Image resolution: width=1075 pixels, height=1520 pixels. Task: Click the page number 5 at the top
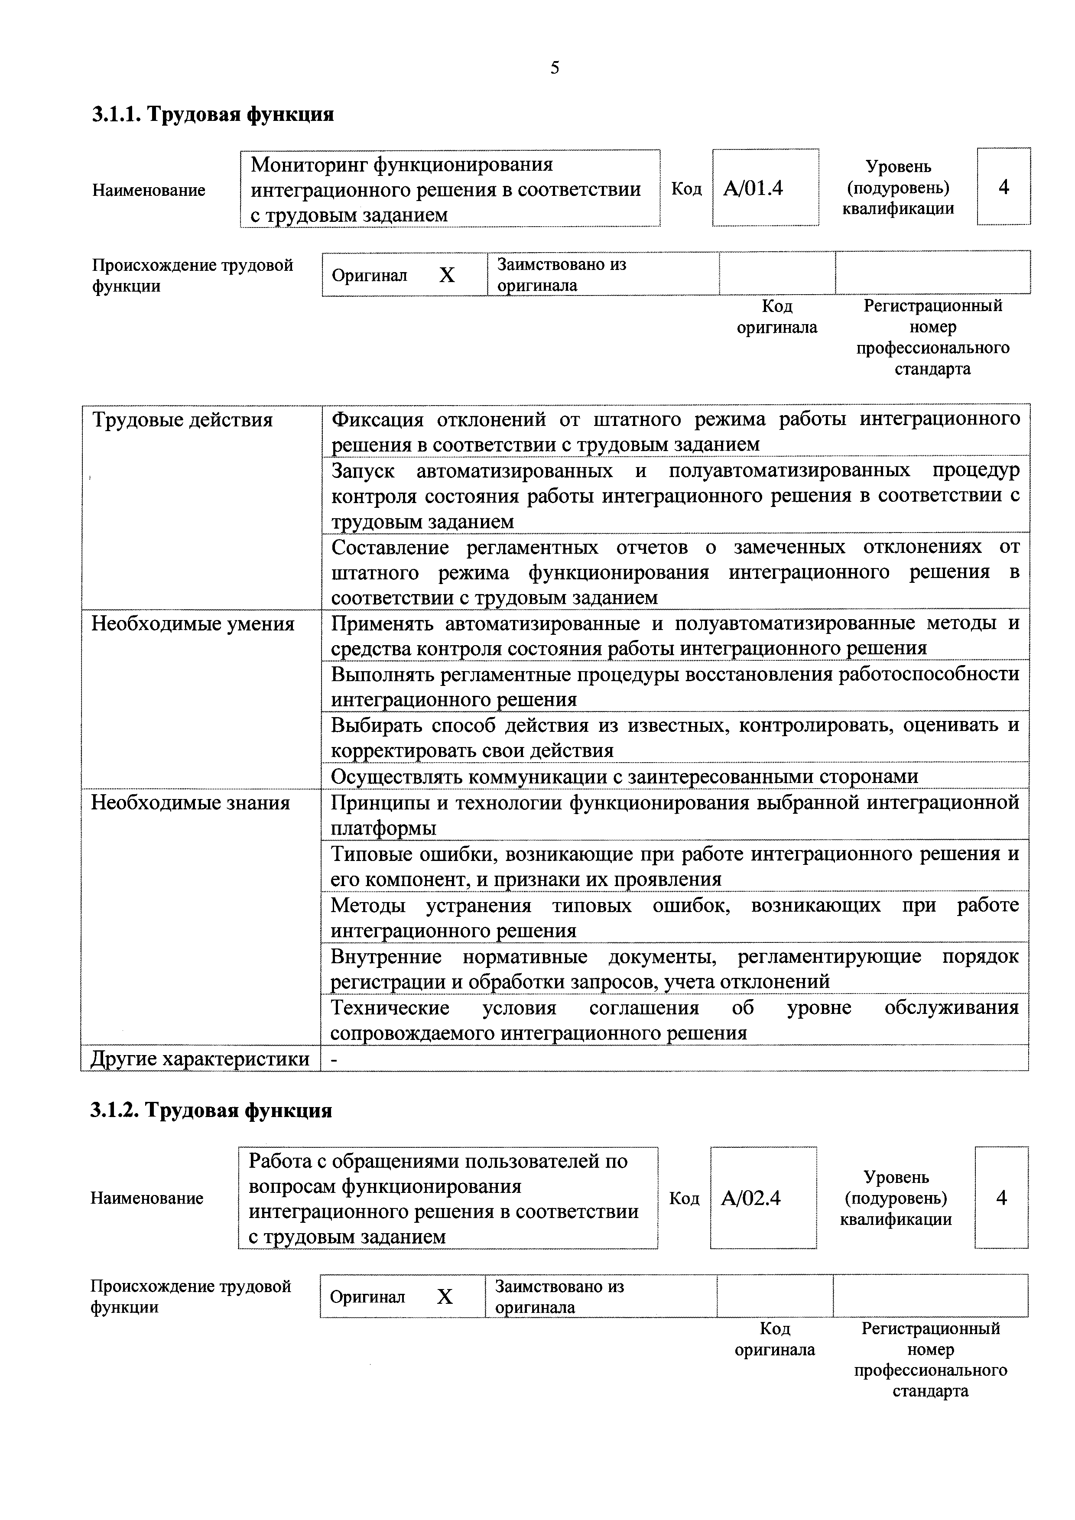[x=554, y=68]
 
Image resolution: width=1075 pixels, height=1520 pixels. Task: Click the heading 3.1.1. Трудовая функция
[x=212, y=114]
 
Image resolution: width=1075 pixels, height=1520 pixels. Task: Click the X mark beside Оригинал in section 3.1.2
[x=445, y=1297]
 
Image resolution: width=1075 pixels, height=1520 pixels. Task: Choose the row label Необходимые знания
[x=191, y=803]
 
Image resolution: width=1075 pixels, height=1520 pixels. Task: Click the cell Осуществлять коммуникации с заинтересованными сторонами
[x=624, y=776]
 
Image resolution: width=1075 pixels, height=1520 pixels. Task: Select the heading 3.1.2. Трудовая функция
[x=211, y=1110]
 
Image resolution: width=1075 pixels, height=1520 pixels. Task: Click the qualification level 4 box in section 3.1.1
[x=1004, y=187]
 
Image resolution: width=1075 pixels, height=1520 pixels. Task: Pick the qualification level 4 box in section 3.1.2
[x=1001, y=1198]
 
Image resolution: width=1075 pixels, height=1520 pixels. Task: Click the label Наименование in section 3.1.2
[x=147, y=1198]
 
